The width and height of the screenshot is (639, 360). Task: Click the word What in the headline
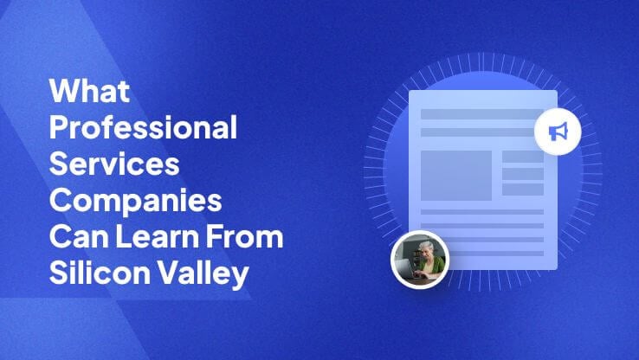[90, 90]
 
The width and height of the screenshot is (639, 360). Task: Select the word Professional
[143, 127]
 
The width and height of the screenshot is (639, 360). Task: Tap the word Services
[114, 164]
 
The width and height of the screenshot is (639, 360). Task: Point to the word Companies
[136, 201]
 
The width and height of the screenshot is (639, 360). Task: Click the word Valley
[203, 273]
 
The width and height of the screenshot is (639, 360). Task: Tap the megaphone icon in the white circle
[558, 132]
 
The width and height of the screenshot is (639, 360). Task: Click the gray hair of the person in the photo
[425, 246]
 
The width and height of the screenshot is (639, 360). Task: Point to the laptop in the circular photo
[409, 267]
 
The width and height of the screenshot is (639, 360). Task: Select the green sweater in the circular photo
[434, 267]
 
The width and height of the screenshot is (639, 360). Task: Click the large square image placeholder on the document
[456, 176]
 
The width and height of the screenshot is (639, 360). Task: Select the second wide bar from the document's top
[478, 132]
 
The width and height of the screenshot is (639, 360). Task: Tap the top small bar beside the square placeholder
[523, 157]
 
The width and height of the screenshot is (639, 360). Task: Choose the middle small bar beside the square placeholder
[523, 174]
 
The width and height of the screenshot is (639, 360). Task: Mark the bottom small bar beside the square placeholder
[523, 190]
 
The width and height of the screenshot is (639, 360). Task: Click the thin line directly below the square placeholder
[482, 212]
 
